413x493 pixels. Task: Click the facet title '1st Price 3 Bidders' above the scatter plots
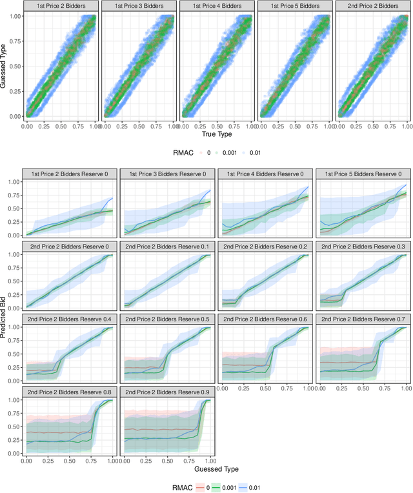point(139,6)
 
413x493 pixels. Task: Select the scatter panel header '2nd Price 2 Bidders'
point(372,6)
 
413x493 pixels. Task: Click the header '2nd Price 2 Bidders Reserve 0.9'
point(167,392)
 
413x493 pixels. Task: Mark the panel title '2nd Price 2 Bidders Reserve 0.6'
point(265,319)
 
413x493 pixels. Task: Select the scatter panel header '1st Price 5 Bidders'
point(294,6)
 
